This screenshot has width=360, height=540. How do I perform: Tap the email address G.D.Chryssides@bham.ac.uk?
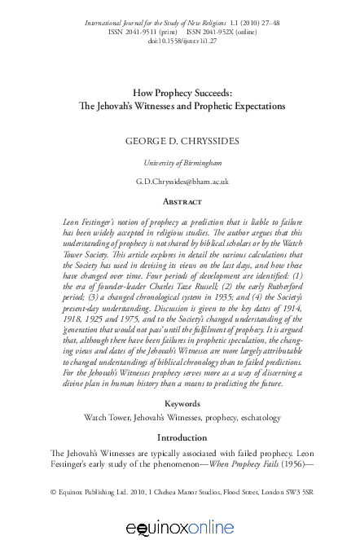click(x=182, y=181)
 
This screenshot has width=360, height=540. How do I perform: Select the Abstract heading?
click(x=182, y=201)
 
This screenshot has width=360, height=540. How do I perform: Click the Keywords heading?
click(x=182, y=403)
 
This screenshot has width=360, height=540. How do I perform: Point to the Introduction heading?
click(x=182, y=437)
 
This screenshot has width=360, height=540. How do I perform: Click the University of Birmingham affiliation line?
click(x=182, y=162)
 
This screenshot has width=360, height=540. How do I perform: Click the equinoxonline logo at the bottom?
click(x=180, y=527)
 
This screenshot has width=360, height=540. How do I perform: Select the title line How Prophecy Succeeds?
click(x=182, y=93)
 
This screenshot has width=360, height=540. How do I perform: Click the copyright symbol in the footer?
click(x=53, y=492)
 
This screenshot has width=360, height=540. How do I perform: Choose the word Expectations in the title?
click(x=249, y=106)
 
